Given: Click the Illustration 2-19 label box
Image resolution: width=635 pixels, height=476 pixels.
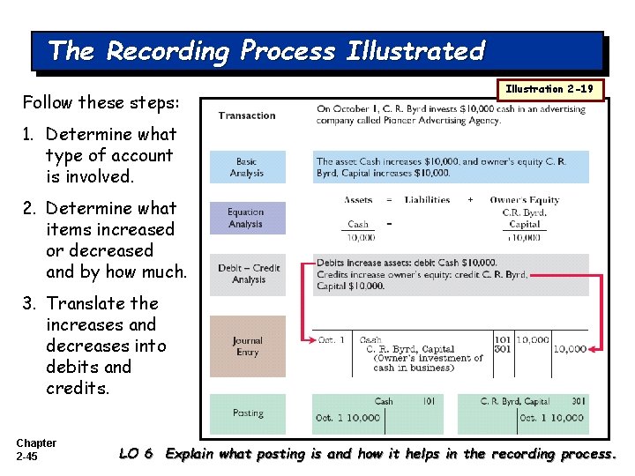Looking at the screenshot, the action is (550, 89).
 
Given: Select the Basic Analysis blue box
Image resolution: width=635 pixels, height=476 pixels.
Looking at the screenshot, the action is (247, 167).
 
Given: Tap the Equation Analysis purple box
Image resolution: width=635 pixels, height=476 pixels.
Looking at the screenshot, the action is (247, 218).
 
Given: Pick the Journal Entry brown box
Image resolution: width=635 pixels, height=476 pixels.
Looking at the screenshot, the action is (247, 346).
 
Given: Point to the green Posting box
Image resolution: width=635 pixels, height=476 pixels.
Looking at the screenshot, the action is (248, 413).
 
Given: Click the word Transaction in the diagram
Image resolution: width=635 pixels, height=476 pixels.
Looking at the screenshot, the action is (247, 115).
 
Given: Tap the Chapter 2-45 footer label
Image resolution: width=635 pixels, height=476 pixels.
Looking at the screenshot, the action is (36, 449).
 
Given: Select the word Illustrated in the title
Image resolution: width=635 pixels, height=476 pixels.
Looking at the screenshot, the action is (415, 51).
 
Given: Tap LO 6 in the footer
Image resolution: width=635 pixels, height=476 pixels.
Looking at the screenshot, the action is (137, 454).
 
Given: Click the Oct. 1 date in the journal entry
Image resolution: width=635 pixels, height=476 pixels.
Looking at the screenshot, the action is (332, 339).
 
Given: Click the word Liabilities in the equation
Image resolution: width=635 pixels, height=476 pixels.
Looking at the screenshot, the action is (427, 200).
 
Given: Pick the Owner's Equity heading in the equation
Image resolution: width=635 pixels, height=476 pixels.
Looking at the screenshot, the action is (525, 200).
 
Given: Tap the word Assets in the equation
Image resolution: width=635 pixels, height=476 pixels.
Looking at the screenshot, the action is (358, 200).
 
